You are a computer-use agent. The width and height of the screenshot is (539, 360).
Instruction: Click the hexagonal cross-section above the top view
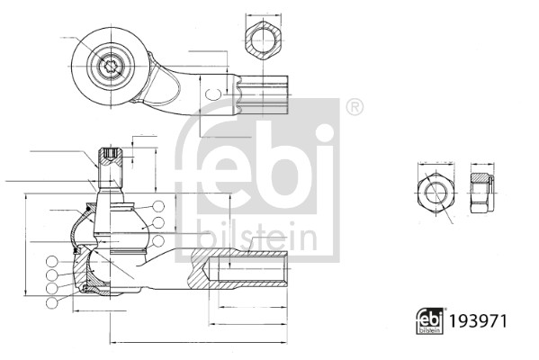pyautogui.click(x=261, y=40)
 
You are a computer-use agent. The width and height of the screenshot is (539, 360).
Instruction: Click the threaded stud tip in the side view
pyautogui.click(x=110, y=158)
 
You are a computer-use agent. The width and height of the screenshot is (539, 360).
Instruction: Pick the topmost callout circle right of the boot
pyautogui.click(x=158, y=206)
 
